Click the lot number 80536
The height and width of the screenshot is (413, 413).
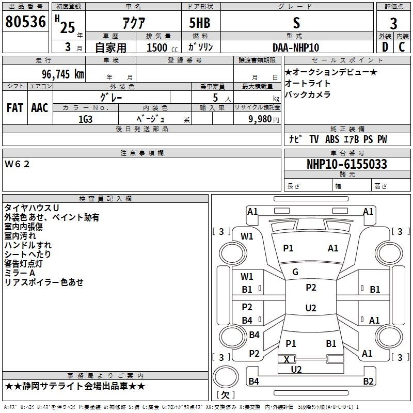[x=25, y=22]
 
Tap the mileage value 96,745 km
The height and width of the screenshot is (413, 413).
[x=63, y=74]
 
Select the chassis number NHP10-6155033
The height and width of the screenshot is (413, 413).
[x=347, y=164]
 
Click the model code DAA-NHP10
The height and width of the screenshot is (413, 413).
[x=296, y=47]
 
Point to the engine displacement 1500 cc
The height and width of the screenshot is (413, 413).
[x=162, y=47]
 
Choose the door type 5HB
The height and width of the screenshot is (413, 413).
[x=200, y=23]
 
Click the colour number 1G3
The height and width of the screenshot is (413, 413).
[x=85, y=119]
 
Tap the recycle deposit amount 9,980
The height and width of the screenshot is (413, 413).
[x=260, y=119]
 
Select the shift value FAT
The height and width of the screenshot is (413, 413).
[x=15, y=108]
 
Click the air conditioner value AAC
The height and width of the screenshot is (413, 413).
[x=40, y=108]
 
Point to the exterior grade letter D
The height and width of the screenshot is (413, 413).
[x=385, y=47]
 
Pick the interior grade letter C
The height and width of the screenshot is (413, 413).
[x=402, y=47]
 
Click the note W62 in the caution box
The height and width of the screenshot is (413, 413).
[x=17, y=164]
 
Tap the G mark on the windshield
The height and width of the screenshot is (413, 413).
[x=295, y=272]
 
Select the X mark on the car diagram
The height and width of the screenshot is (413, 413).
[x=287, y=359]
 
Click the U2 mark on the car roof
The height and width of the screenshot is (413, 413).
[x=311, y=308]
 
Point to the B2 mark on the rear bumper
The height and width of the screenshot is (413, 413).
[x=368, y=381]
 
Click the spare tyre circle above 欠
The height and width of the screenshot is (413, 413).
[x=226, y=376]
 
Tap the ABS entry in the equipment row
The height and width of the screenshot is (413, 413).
[x=332, y=139]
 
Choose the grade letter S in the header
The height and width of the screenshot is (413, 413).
[x=296, y=23]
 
